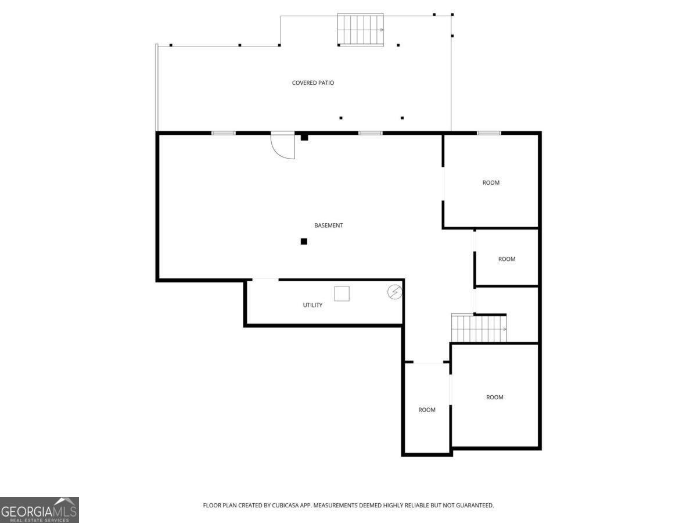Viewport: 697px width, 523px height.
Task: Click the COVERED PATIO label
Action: tap(312, 83)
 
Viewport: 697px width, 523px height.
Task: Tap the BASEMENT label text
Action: tap(328, 225)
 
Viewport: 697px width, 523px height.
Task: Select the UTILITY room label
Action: tap(312, 305)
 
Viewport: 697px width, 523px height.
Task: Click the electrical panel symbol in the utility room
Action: tap(395, 292)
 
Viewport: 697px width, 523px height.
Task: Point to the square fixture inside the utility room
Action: tap(342, 293)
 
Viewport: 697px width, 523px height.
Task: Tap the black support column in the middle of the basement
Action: tap(304, 242)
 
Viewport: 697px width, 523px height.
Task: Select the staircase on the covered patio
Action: tap(361, 30)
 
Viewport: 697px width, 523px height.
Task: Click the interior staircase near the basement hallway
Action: tap(479, 328)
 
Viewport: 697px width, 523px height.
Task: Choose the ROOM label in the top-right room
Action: tap(491, 183)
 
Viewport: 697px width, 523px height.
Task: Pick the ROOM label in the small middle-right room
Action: tap(506, 259)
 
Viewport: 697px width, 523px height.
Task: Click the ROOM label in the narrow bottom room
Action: tap(427, 410)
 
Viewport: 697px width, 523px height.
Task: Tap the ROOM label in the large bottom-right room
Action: tap(494, 397)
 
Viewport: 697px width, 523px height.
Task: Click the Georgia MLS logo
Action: tap(39, 510)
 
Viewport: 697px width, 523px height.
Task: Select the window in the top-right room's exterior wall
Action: tap(488, 133)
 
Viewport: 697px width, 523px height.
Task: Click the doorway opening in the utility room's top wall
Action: tap(265, 280)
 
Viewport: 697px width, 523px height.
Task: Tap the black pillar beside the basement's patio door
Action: tap(304, 137)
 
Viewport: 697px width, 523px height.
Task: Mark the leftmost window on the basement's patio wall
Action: tap(224, 133)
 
